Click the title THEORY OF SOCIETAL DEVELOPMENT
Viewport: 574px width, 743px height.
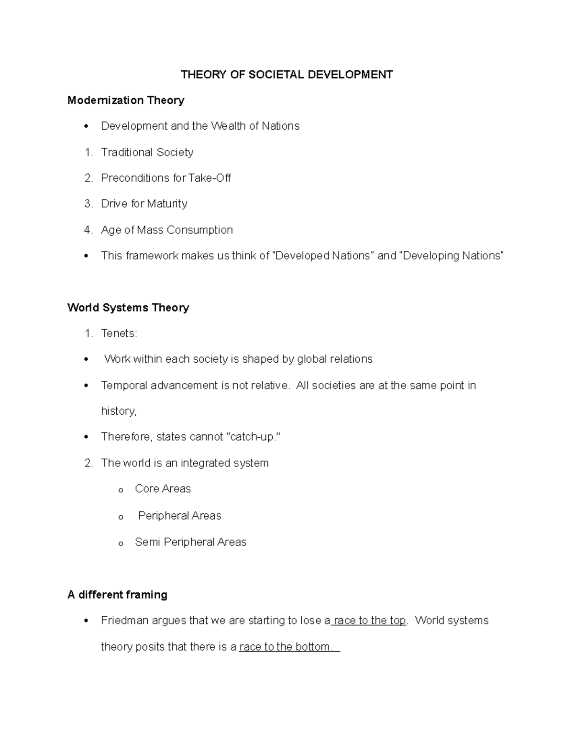click(287, 74)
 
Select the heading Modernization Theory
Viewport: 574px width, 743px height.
click(126, 100)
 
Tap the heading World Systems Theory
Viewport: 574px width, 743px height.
click(128, 307)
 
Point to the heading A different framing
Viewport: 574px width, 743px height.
click(117, 595)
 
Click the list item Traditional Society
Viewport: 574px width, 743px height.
click(147, 152)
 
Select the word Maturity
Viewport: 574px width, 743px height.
click(167, 204)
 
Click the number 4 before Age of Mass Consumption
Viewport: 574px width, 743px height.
click(88, 230)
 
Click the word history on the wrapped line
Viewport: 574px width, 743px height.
click(118, 411)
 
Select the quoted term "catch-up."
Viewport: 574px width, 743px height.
click(253, 437)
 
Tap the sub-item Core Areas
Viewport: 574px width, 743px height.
click(163, 489)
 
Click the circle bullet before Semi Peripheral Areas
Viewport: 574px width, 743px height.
click(121, 543)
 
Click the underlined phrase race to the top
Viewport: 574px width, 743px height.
click(369, 621)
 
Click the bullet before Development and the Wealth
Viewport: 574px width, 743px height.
click(86, 126)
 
